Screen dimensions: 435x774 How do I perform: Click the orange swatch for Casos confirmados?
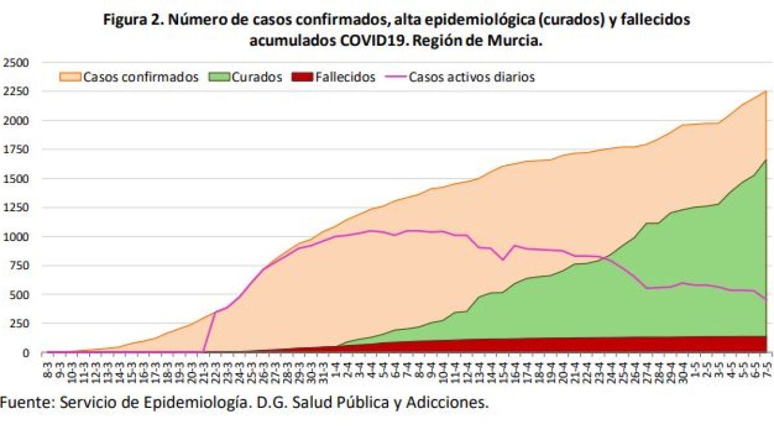point(70,77)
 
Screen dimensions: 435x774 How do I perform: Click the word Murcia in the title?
point(515,41)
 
